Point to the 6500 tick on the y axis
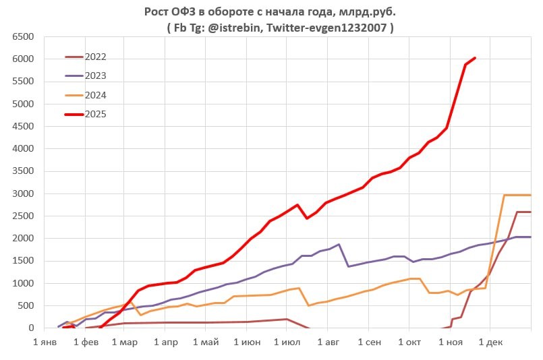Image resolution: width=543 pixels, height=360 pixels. point(22,37)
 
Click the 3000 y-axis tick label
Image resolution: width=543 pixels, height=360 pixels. point(22,194)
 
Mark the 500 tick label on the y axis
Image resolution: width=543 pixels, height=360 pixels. point(25,306)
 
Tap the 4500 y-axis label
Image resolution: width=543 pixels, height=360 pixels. point(22,127)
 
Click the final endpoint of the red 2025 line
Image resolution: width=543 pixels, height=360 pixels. point(475,58)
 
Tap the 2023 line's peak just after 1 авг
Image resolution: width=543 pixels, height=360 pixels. point(339,245)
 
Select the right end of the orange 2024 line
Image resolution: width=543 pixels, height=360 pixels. point(530,195)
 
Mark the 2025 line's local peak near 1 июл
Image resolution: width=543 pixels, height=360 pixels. point(297,205)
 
